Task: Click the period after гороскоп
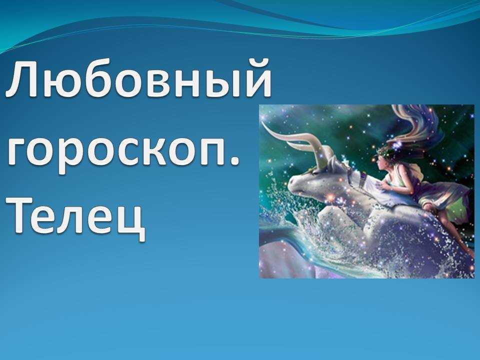pyautogui.click(x=234, y=162)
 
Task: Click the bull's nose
pyautogui.click(x=293, y=183)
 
